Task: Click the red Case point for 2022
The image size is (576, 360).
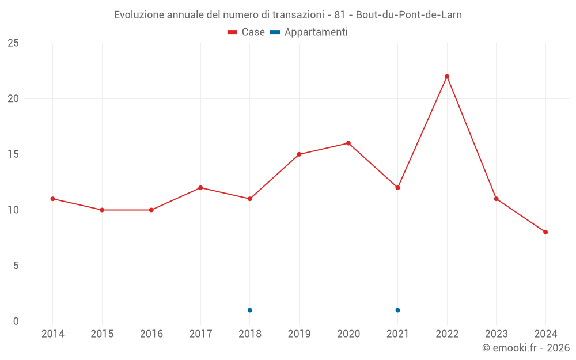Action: pos(447,76)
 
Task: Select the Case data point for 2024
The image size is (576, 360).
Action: pos(545,232)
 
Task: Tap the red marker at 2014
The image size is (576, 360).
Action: pos(52,199)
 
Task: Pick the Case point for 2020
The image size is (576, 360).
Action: pos(348,143)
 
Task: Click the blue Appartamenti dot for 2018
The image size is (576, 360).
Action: pos(250,310)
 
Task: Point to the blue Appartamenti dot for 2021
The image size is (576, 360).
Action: pos(397,310)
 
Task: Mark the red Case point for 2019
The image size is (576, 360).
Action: pos(299,154)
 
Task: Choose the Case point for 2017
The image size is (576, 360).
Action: pos(200,188)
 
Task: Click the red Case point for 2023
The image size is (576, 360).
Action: pos(496,199)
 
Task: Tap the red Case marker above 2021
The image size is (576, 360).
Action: pos(397,188)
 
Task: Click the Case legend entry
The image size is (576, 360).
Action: pos(247,32)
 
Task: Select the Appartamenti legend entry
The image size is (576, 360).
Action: pos(309,32)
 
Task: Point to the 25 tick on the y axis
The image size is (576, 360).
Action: pos(13,43)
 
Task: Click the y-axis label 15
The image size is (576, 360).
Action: pos(13,154)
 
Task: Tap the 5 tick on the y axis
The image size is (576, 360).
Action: pos(16,266)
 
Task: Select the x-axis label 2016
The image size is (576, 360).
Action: pos(151,334)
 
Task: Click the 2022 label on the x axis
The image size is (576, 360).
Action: pos(447,334)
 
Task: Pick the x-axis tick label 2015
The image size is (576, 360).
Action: pos(102,334)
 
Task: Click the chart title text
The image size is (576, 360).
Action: pos(288,14)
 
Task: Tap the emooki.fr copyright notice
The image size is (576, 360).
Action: pos(526,348)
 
